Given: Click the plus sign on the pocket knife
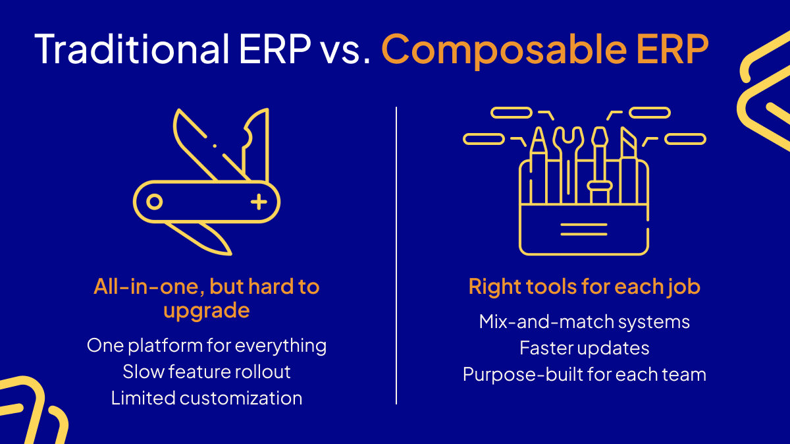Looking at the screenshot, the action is tap(259, 202).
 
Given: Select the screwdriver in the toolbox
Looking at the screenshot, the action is tap(600, 165).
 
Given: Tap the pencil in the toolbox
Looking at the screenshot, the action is tap(539, 165).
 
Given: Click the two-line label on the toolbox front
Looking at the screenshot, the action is tap(584, 229).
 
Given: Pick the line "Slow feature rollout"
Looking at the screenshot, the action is tap(207, 372).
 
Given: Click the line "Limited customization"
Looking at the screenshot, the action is tap(207, 398).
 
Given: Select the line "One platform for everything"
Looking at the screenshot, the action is tap(207, 346).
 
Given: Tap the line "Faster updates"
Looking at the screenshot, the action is tap(585, 348).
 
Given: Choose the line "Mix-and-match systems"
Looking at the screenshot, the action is tap(585, 322).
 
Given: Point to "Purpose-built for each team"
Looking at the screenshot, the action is tap(585, 374).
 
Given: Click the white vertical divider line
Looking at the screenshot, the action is tap(396, 256).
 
